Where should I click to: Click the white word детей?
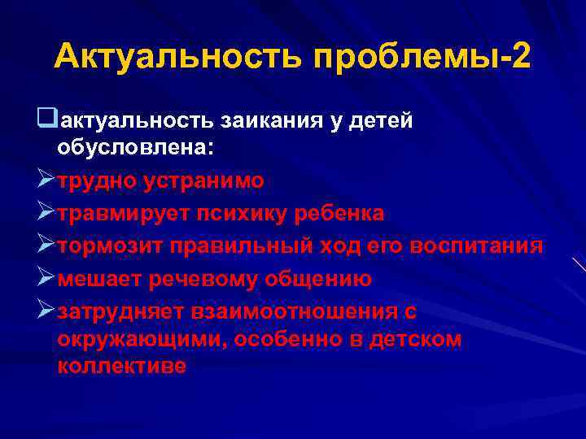(382, 121)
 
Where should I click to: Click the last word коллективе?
(122, 367)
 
